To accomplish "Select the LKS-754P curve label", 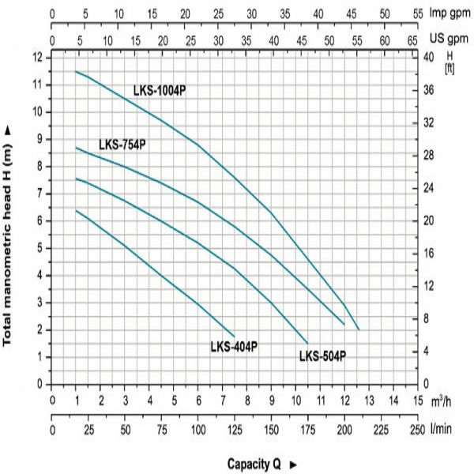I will tap(122, 145).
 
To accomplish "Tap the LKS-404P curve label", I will tap(234, 346).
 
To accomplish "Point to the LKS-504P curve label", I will tap(322, 356).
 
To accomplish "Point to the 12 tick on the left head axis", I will tap(37, 58).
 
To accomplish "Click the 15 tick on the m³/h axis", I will tap(416, 400).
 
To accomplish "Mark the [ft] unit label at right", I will tap(450, 68).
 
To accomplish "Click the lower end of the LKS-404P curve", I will tap(235, 336).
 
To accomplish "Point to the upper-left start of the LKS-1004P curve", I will tap(76, 71).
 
